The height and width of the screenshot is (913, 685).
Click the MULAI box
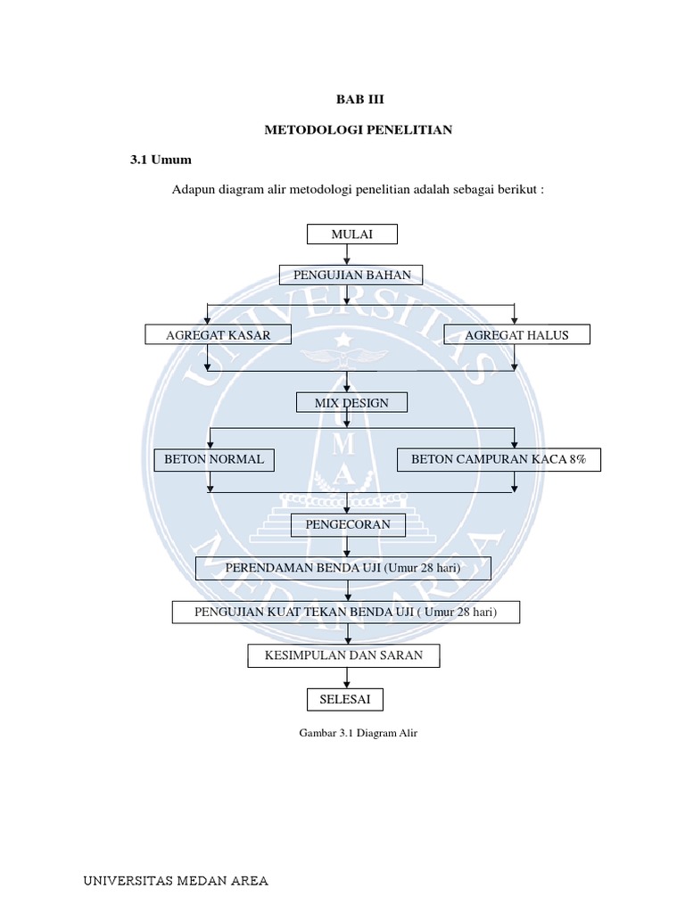[351, 234]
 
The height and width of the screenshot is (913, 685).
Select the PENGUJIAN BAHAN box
[351, 275]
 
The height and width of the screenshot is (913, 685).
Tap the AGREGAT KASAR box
[206, 334]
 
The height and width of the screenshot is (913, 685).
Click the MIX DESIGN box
[351, 403]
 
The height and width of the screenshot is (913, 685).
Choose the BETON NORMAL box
[214, 459]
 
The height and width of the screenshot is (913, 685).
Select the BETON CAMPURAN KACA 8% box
[499, 459]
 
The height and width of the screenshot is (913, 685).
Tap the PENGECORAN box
[348, 524]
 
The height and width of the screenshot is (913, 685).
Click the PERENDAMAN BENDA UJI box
[342, 568]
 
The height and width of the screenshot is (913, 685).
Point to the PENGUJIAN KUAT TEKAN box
[345, 612]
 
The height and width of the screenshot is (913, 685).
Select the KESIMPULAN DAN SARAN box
[343, 655]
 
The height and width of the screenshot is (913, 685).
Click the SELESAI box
[344, 699]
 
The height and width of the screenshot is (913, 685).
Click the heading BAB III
[358, 100]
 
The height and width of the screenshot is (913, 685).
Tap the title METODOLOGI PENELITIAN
[359, 130]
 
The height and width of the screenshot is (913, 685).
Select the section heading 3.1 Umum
[161, 160]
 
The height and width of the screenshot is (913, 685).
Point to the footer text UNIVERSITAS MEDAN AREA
[176, 882]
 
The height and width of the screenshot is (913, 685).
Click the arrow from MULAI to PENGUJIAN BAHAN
[348, 254]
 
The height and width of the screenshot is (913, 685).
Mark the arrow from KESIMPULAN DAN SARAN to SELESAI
[345, 678]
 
